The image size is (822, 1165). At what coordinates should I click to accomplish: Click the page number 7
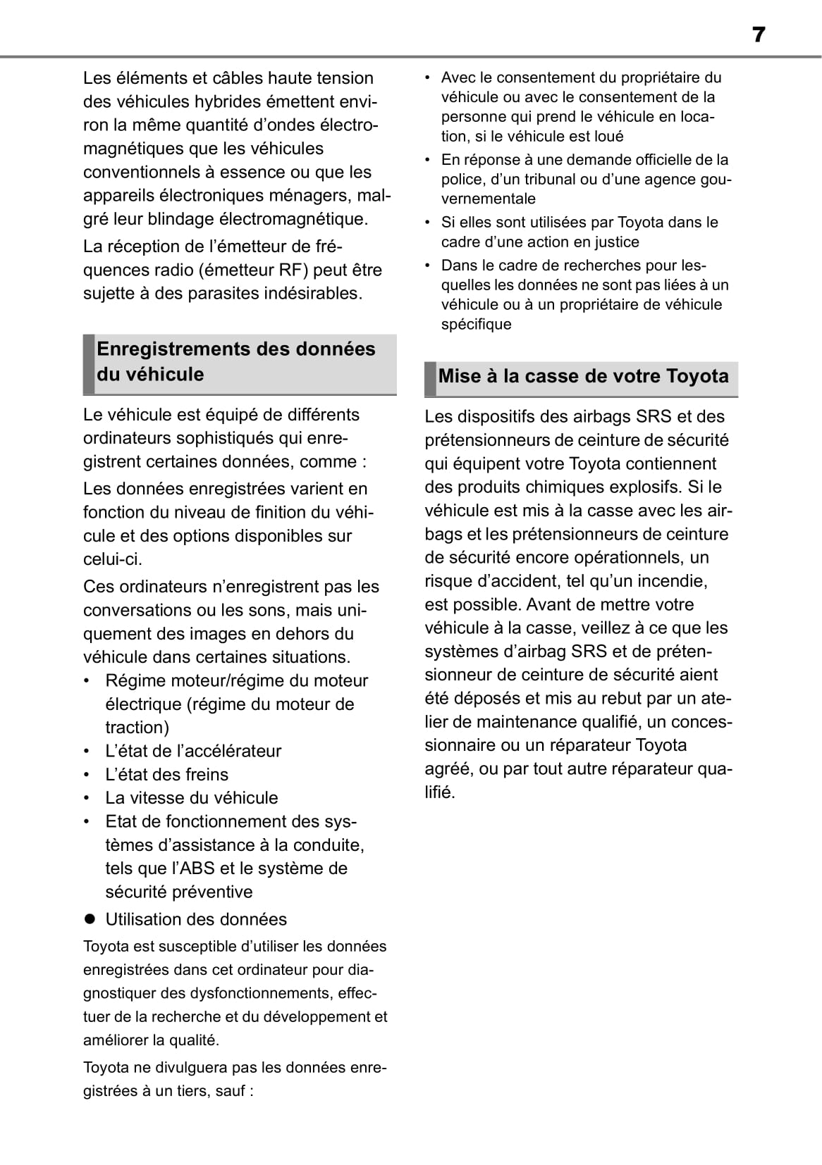tap(758, 35)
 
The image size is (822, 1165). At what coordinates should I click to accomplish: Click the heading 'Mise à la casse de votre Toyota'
tap(583, 376)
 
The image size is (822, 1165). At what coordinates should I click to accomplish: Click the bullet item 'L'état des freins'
tap(166, 775)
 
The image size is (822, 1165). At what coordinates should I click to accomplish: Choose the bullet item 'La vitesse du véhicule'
tap(191, 798)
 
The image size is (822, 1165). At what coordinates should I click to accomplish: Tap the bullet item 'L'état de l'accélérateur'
tap(193, 751)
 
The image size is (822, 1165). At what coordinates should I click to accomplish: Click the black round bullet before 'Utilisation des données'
tap(89, 919)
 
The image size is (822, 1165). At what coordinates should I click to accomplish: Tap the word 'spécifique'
tap(476, 325)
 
